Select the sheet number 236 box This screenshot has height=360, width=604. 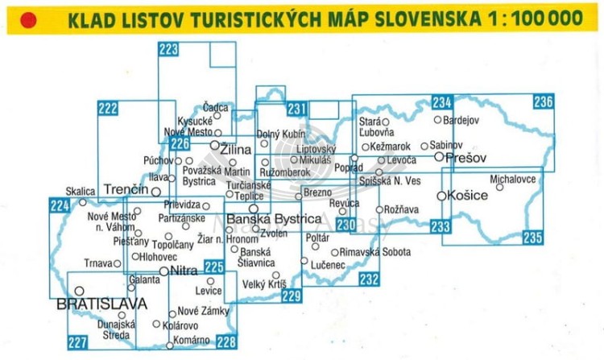543,102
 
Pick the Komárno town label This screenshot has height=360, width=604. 193,341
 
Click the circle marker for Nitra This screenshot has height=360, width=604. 164,271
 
